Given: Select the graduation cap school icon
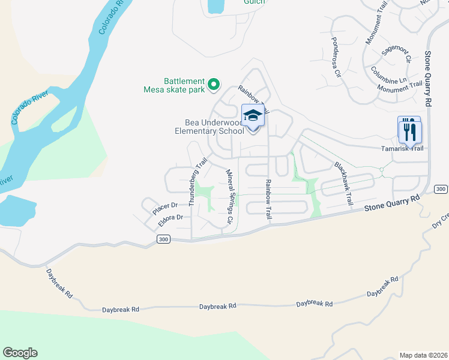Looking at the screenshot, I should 253,115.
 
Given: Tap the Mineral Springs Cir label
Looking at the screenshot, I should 229,197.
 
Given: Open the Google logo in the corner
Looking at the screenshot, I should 20,353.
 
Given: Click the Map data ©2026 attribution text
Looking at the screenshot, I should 423,355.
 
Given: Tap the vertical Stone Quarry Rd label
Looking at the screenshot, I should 428,79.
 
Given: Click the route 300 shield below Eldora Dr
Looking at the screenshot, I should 163,239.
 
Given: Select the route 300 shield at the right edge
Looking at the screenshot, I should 441,190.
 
